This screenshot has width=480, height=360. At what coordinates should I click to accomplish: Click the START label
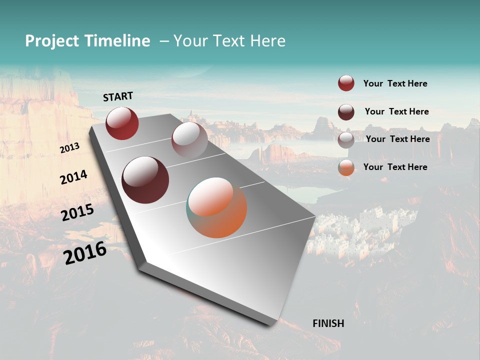(x=118, y=96)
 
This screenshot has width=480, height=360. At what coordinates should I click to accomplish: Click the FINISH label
(x=328, y=323)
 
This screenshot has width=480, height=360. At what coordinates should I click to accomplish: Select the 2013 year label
(x=69, y=148)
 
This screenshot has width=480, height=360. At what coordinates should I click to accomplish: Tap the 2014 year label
(x=73, y=177)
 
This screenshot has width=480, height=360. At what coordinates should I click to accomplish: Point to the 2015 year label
(x=77, y=212)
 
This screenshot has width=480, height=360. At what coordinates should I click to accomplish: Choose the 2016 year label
(x=85, y=253)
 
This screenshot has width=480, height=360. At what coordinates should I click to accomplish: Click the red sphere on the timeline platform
(x=122, y=123)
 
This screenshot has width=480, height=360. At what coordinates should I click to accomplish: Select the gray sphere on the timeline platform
(x=189, y=140)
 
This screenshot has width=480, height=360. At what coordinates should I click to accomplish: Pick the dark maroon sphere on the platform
(x=145, y=180)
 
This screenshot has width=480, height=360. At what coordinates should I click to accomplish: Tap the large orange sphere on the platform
(x=217, y=207)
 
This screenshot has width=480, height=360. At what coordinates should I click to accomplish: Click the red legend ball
(x=346, y=83)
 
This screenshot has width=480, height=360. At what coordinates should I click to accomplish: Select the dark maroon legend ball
(x=346, y=112)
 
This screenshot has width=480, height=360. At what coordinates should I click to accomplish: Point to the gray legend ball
(x=346, y=140)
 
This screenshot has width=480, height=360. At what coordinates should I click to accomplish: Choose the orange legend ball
(x=346, y=167)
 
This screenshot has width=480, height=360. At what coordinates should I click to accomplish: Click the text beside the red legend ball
(x=395, y=83)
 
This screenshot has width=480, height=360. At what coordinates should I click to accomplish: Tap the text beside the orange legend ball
(x=395, y=167)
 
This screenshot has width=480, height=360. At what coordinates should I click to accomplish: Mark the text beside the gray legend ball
(x=397, y=139)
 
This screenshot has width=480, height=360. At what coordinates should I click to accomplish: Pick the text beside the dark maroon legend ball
(x=396, y=111)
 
